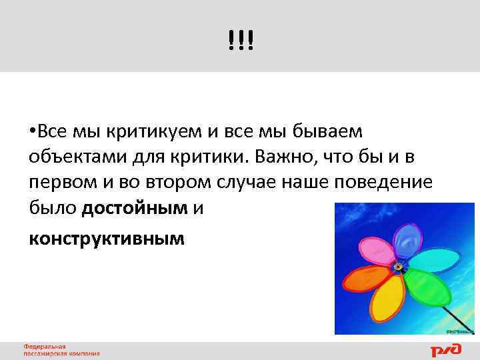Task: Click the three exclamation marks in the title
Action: tap(240, 41)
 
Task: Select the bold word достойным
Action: tap(135, 209)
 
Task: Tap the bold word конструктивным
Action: tap(107, 237)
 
